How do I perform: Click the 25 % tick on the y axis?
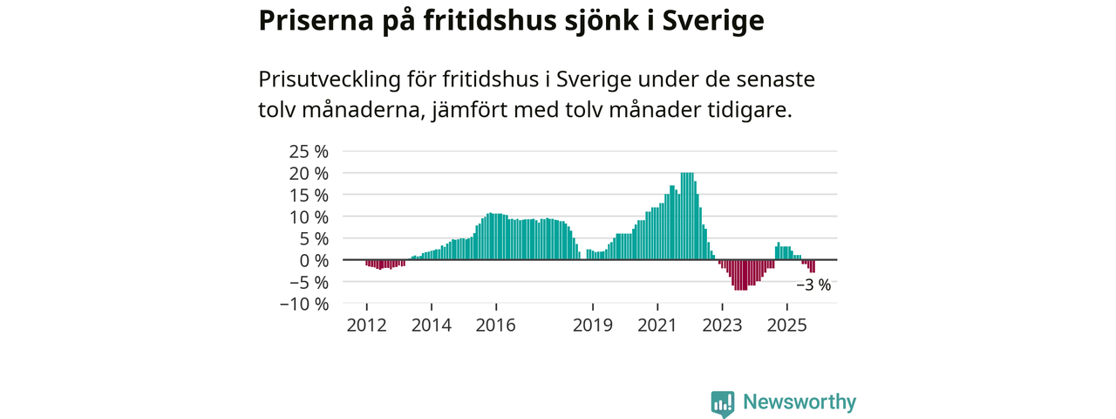(310, 151)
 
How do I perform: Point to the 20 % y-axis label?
(310, 173)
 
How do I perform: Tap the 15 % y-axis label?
(310, 195)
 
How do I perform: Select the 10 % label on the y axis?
(310, 216)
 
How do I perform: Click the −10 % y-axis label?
(304, 304)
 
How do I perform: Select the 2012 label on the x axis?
(366, 326)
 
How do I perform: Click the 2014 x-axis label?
(431, 326)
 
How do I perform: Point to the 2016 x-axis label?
(496, 326)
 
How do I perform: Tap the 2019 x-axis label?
(593, 326)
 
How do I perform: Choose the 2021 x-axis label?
(657, 326)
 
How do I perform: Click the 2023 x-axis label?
(722, 326)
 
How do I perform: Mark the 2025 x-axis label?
(786, 326)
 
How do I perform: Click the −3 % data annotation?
(813, 285)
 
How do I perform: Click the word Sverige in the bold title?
(713, 22)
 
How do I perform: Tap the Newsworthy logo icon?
(723, 402)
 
